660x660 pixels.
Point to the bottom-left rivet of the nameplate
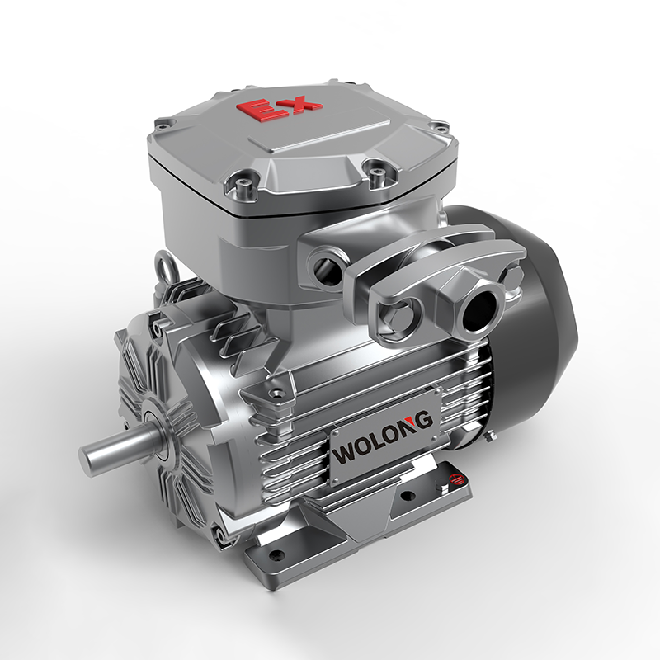coord(335,480)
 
